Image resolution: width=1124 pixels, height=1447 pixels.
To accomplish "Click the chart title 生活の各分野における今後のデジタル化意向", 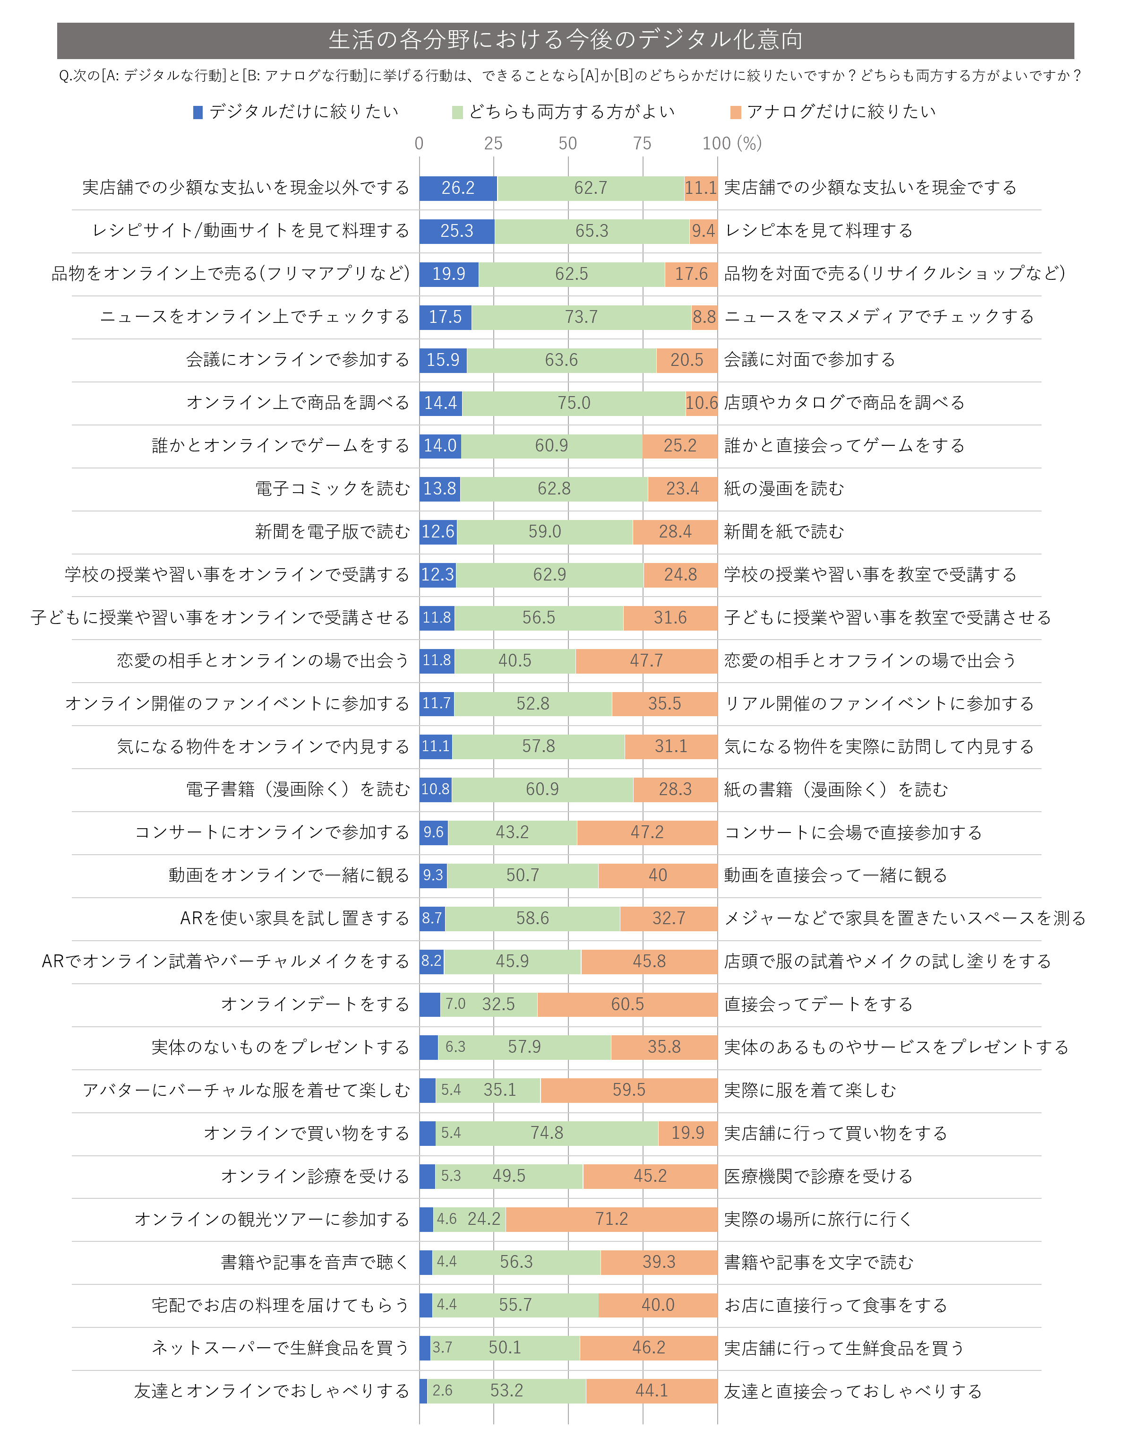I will [x=565, y=40].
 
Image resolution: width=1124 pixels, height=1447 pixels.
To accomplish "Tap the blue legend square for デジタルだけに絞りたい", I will [x=197, y=113].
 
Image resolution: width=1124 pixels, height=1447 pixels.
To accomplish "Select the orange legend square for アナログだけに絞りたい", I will [x=735, y=113].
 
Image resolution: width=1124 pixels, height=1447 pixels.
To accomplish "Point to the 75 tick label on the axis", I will [x=642, y=144].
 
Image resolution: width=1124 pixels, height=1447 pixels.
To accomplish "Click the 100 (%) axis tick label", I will [x=732, y=144].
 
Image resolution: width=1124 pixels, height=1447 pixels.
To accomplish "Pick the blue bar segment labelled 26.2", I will [x=458, y=188].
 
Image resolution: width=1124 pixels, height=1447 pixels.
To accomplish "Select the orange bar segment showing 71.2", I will [x=611, y=1219].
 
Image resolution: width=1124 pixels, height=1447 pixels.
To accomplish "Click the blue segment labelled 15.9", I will [x=442, y=360].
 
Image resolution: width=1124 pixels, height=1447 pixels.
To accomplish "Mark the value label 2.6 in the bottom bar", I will [x=442, y=1391].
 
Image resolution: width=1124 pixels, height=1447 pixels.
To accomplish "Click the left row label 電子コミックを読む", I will [x=333, y=489].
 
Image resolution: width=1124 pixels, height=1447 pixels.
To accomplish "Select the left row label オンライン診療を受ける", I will [x=315, y=1176].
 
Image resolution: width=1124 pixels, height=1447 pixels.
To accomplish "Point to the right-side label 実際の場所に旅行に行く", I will [x=818, y=1219].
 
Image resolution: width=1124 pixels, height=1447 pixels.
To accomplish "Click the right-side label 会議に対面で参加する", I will [x=809, y=360].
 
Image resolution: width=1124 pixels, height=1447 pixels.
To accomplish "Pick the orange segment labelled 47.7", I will [x=646, y=660].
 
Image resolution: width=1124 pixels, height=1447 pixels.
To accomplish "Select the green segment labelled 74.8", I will [x=547, y=1134].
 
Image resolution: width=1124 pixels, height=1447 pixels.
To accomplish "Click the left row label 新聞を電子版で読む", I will [x=333, y=532].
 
